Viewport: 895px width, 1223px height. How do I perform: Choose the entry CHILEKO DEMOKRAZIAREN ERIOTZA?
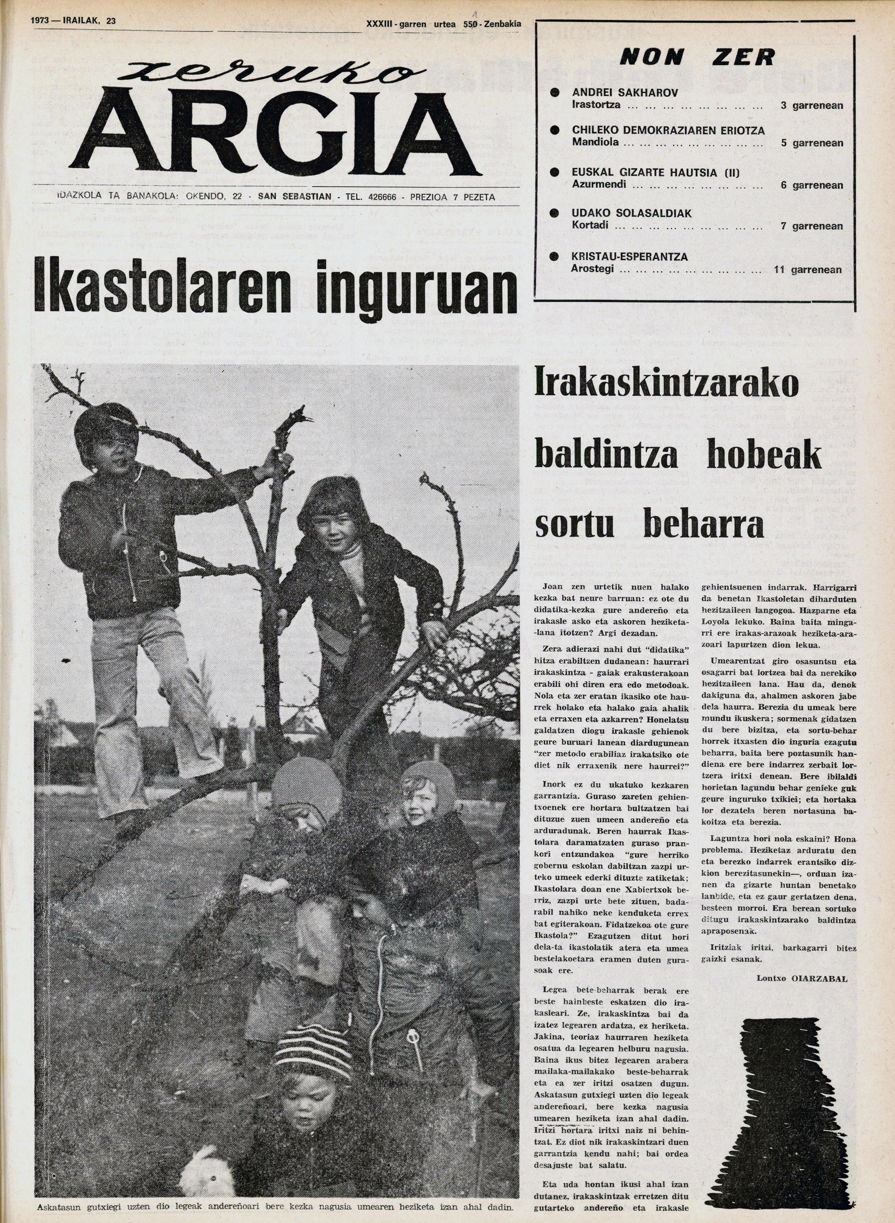pos(668,131)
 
